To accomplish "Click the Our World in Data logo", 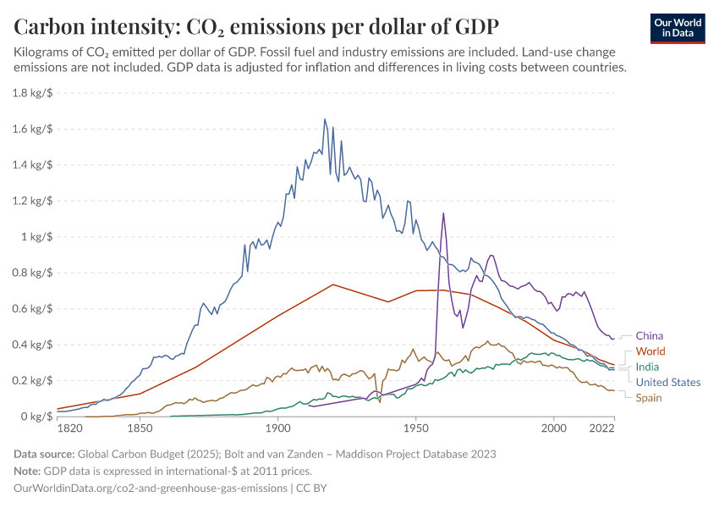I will point(677,27).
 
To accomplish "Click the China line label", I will point(649,336).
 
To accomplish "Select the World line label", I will point(650,351).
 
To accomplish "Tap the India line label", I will point(647,367).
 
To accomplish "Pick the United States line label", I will point(667,383).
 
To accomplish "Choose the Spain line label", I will point(649,398).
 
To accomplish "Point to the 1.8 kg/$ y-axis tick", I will point(33,93).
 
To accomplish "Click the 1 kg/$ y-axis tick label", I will point(37,237).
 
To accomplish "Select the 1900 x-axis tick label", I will point(277,430).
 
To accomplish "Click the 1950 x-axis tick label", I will point(415,430).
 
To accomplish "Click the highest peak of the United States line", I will point(325,119).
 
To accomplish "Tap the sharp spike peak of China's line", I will point(442,213).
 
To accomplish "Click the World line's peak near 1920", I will point(332,284).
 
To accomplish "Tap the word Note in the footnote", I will point(28,472).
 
